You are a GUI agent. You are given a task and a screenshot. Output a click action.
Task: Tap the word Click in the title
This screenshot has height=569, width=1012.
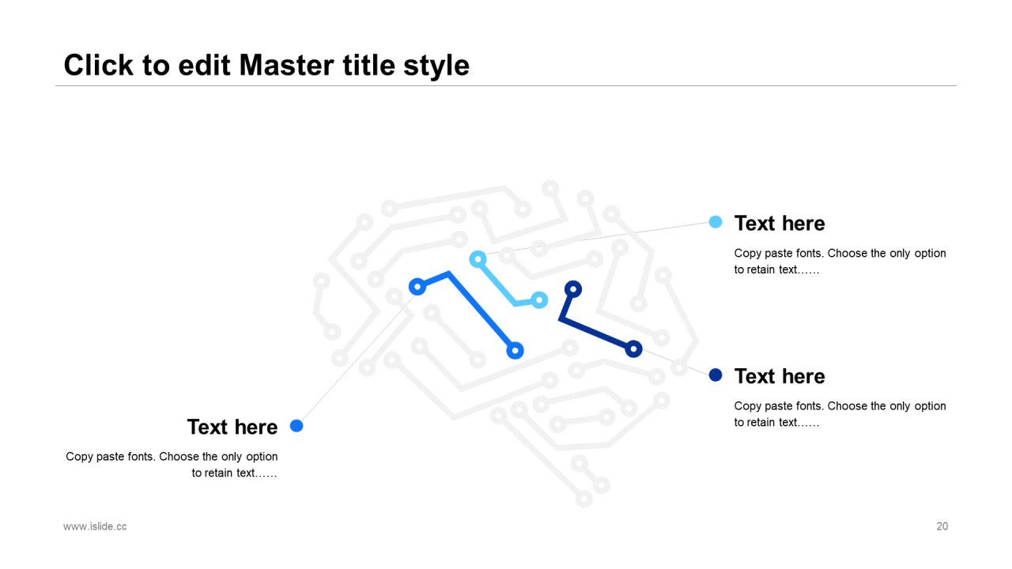pyautogui.click(x=99, y=65)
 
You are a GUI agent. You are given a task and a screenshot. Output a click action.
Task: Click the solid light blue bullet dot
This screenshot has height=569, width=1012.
pyautogui.click(x=716, y=222)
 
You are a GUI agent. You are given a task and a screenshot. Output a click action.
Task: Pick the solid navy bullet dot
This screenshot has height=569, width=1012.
pyautogui.click(x=716, y=375)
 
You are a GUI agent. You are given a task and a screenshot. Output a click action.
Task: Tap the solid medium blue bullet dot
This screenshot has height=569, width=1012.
pyautogui.click(x=296, y=426)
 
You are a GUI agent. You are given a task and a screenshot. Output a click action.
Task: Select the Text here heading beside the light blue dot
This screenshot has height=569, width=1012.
pyautogui.click(x=780, y=224)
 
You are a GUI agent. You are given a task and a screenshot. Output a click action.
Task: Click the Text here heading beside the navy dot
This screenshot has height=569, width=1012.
pyautogui.click(x=780, y=376)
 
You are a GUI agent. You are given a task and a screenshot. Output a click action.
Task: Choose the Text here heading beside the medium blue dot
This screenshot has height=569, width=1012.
pyautogui.click(x=232, y=427)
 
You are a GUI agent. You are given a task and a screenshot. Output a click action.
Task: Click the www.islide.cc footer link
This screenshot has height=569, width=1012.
pyautogui.click(x=95, y=526)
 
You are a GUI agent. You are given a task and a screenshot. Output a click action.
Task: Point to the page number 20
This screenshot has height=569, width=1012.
pyautogui.click(x=942, y=526)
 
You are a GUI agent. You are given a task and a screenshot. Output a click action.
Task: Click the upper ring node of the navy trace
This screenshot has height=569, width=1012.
pyautogui.click(x=573, y=289)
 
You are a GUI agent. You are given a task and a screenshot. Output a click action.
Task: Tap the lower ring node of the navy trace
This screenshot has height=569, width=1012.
pyautogui.click(x=633, y=349)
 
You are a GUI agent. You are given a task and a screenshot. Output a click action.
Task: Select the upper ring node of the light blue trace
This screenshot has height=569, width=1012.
pyautogui.click(x=478, y=259)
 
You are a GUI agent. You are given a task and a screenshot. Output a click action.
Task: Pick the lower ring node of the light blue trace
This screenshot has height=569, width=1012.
pyautogui.click(x=539, y=300)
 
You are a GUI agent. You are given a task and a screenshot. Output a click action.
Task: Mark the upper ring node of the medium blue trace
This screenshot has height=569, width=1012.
pyautogui.click(x=417, y=287)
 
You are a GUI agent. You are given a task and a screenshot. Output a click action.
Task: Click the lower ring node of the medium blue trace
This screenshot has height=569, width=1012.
pyautogui.click(x=515, y=350)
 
